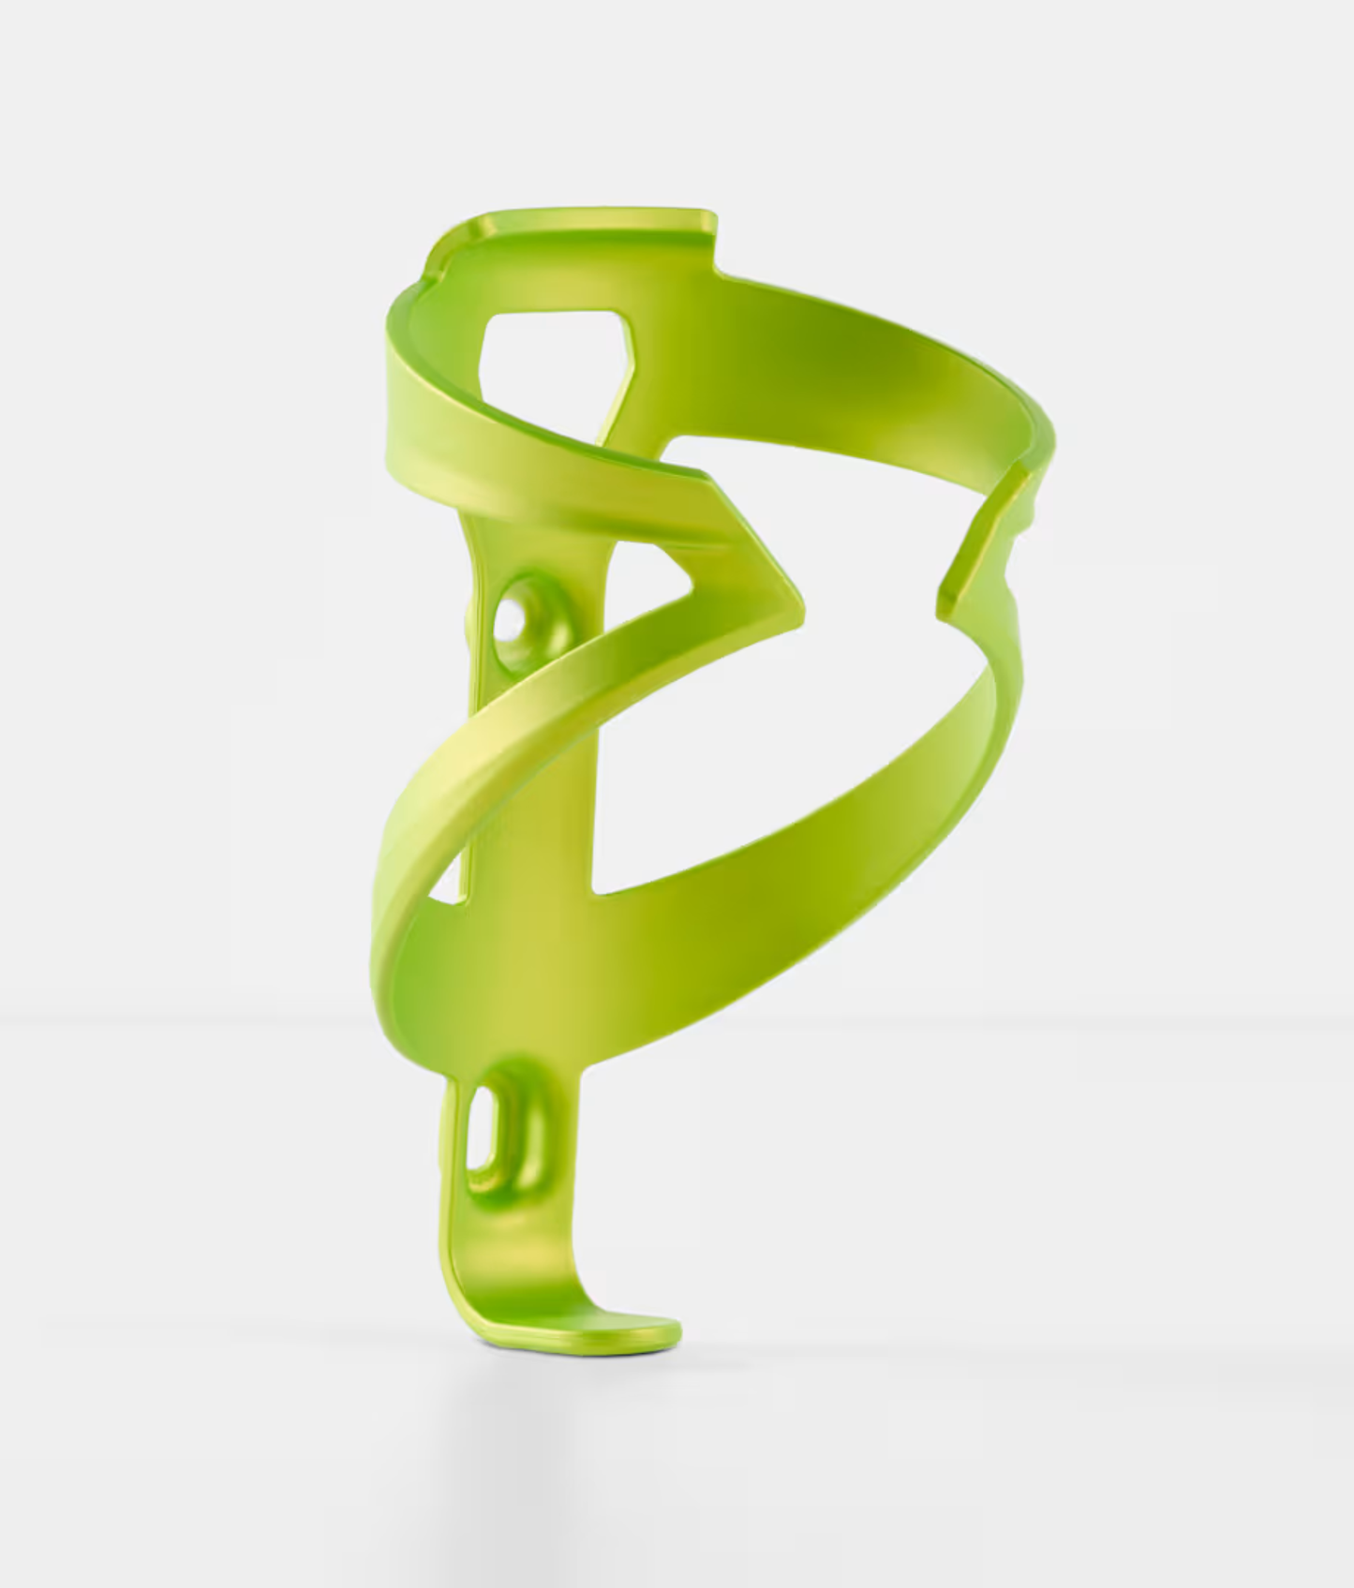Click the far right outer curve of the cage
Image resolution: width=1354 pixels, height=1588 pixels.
point(1045,440)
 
